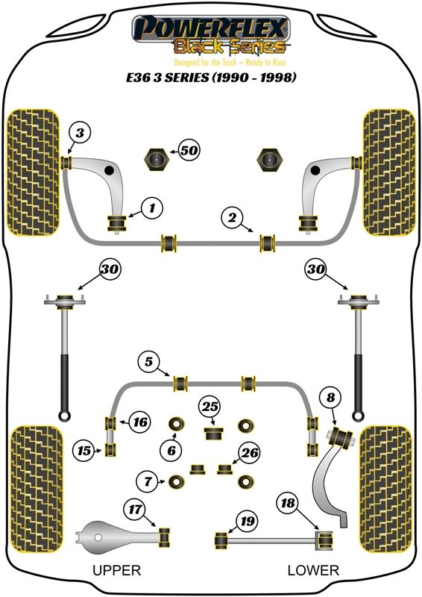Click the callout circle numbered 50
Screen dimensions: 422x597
pos(189,151)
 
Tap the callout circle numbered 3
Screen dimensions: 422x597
pos(80,134)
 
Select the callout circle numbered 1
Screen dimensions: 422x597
pos(152,208)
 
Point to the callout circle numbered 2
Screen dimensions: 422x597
pos(233,218)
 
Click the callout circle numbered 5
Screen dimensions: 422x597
pos(149,361)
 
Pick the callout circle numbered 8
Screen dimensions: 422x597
pos(331,398)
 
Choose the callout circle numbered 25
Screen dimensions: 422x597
pos(210,407)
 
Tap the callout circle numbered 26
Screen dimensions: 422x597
pos(250,453)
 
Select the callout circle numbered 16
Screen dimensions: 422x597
pos(139,422)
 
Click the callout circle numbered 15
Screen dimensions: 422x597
pos(84,451)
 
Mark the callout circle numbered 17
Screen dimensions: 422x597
pos(135,509)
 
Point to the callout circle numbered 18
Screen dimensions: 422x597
pos(288,503)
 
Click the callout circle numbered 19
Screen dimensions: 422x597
pos(248,521)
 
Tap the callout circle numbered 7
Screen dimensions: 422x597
pos(148,481)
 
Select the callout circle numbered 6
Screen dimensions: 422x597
pos(171,451)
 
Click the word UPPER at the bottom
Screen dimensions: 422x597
pos(117,570)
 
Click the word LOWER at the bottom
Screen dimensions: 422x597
pos(313,570)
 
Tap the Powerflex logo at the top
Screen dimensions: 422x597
pos(211,34)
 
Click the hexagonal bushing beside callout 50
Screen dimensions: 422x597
pos(156,160)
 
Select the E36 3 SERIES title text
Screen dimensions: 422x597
pos(211,78)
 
